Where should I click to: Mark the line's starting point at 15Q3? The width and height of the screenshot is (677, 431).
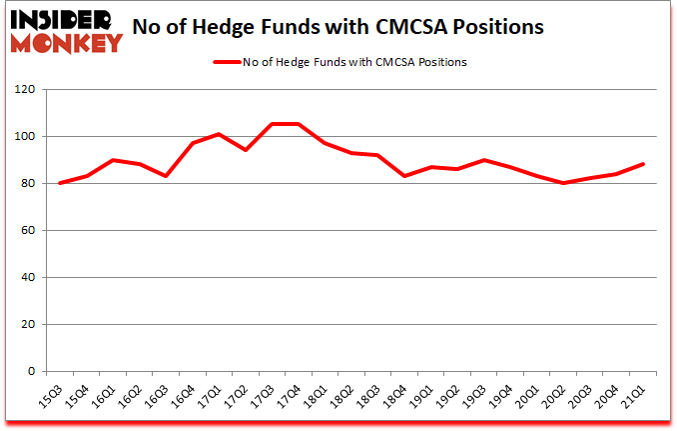pyautogui.click(x=61, y=183)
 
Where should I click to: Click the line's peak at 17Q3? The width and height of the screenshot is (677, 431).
pyautogui.click(x=271, y=124)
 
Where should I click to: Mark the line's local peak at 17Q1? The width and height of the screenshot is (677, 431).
pyautogui.click(x=219, y=134)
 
